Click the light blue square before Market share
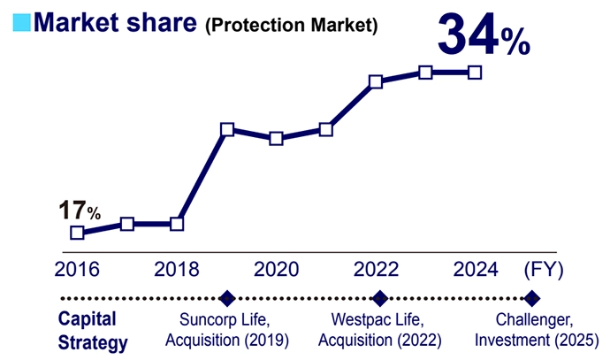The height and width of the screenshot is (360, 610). tap(18, 23)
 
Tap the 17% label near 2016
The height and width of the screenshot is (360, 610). tap(80, 211)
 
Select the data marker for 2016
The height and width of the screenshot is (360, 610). tap(77, 233)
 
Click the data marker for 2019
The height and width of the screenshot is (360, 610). tap(227, 130)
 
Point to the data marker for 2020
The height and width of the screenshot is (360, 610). tap(277, 139)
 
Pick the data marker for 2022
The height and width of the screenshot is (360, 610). tap(376, 82)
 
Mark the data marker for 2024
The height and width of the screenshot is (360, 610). tap(475, 72)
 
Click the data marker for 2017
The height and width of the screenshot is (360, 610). tap(127, 224)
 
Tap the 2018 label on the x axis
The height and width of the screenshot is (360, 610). tap(177, 269)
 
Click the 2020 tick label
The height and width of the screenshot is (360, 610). tap(277, 269)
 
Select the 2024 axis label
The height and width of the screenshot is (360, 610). tap(475, 269)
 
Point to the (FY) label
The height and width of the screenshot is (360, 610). tap(543, 269)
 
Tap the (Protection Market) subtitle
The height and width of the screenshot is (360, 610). tap(291, 26)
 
